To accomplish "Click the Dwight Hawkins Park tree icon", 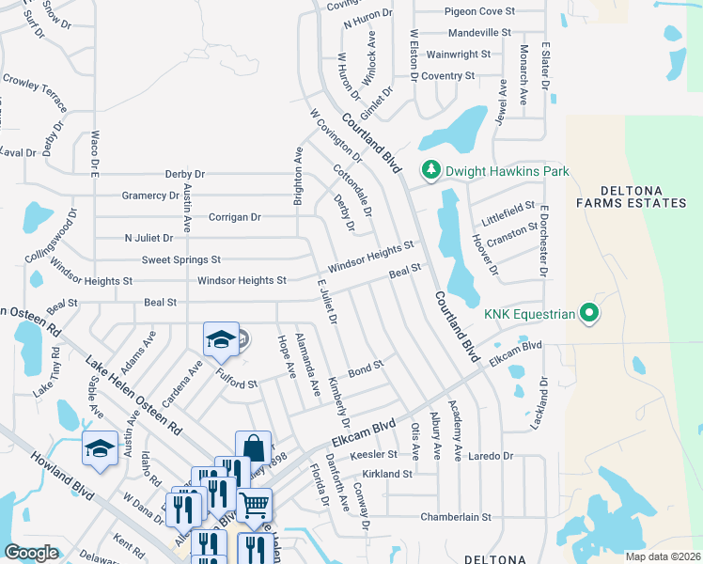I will click(430, 170).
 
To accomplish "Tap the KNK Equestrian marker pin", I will click(589, 313).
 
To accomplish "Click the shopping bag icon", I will click(253, 447).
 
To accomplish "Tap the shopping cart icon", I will click(254, 505).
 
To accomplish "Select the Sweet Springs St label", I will click(180, 259).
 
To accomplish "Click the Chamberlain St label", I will click(456, 517).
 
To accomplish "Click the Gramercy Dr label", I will click(150, 196).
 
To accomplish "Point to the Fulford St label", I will click(238, 384).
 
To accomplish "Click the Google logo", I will click(31, 552).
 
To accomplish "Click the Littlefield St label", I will click(508, 205).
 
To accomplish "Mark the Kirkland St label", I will click(386, 475).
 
